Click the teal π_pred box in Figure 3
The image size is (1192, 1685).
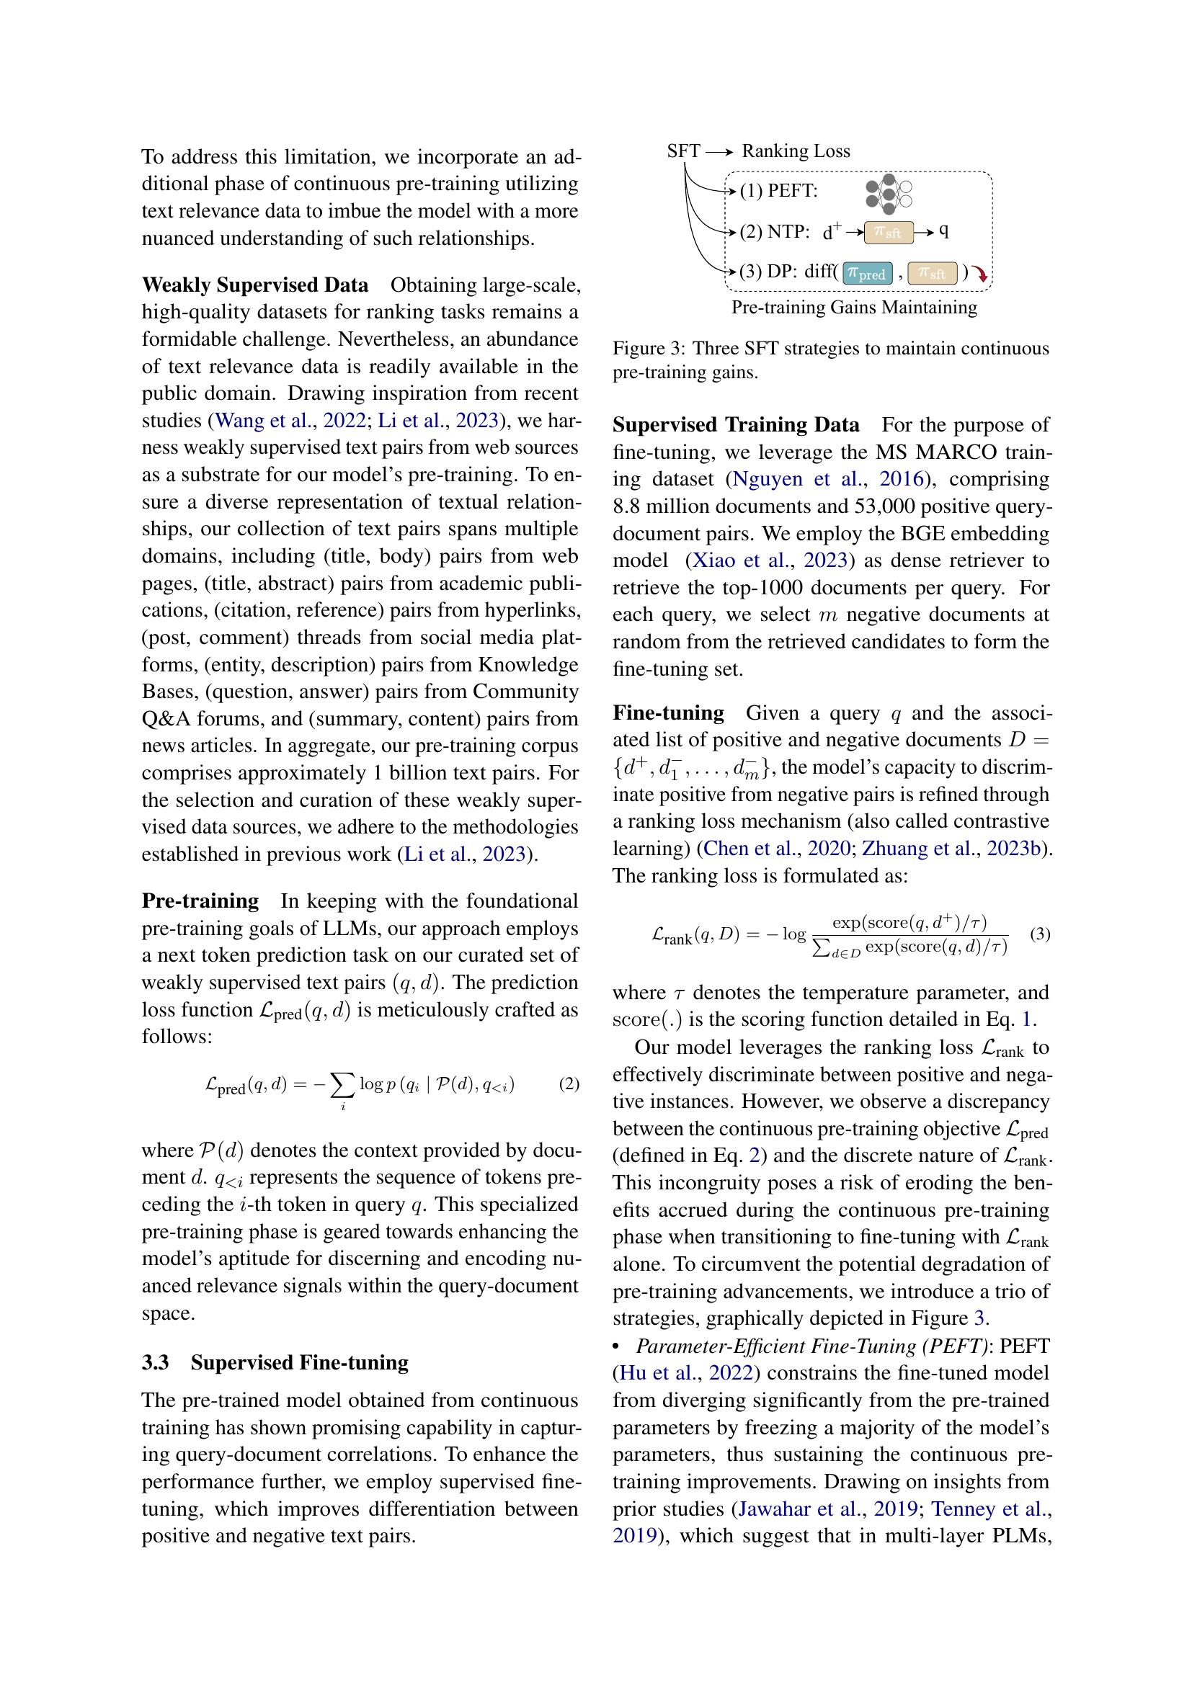point(867,273)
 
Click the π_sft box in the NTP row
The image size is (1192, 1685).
point(888,233)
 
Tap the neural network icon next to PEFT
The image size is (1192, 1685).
point(888,193)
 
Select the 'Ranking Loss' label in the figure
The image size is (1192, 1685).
point(796,151)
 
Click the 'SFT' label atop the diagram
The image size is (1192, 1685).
point(683,151)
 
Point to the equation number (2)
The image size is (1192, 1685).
point(569,1084)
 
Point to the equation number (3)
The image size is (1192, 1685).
point(1040,934)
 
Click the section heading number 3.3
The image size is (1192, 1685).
point(156,1362)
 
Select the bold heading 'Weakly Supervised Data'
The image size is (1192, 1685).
point(254,285)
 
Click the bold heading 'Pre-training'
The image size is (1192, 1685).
point(200,900)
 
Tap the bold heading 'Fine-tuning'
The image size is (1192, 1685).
point(668,712)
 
